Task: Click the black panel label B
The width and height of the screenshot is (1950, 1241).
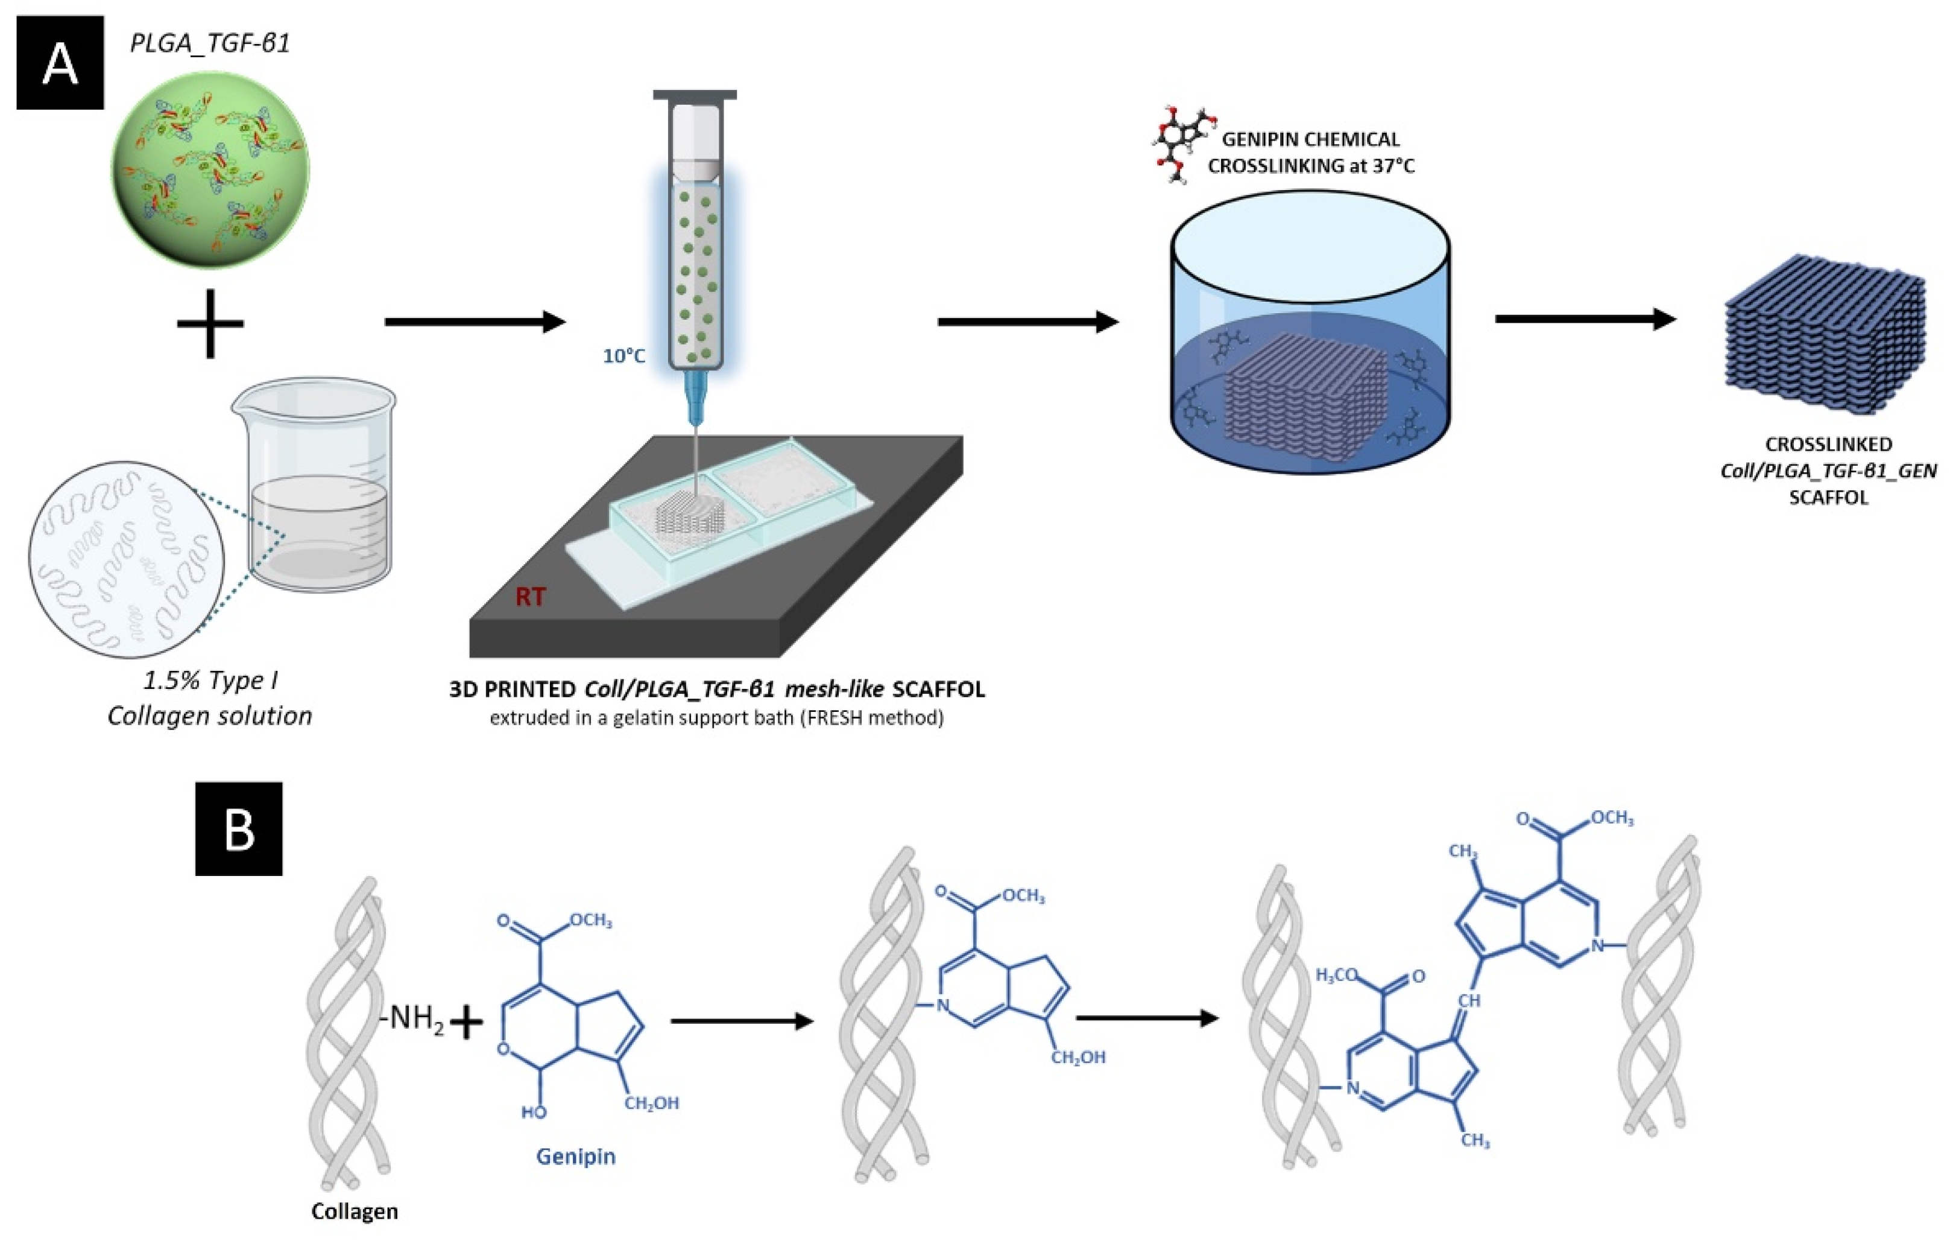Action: coord(239,829)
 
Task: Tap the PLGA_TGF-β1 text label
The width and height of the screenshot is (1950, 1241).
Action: coord(210,42)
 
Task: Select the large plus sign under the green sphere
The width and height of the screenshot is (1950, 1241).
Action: coord(210,323)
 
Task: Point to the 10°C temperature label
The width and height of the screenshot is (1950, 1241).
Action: coord(623,355)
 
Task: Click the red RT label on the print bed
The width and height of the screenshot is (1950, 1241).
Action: coord(531,597)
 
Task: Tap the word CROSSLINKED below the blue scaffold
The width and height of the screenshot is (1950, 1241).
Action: coord(1828,445)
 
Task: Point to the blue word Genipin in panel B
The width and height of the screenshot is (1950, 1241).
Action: coord(575,1156)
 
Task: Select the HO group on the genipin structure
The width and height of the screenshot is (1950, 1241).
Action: coord(534,1112)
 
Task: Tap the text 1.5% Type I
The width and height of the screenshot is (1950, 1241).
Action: coord(210,681)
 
